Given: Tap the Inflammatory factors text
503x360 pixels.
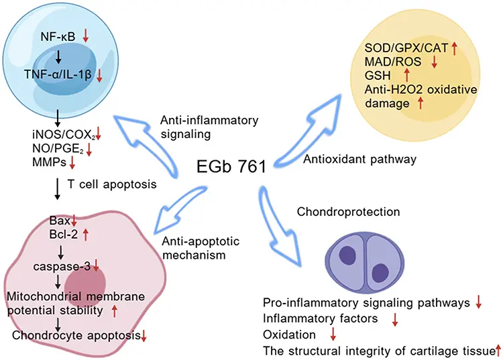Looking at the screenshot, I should (315, 318).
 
